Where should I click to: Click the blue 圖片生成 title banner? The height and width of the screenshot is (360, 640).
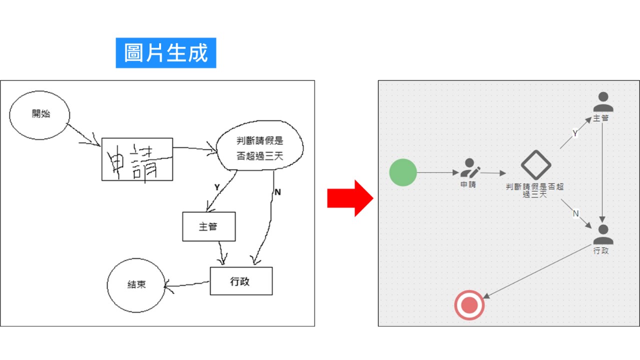[165, 53]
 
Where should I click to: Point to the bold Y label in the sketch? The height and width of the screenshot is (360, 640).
[217, 187]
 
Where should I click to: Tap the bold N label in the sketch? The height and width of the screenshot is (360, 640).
[277, 192]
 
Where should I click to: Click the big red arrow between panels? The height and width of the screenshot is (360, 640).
[350, 198]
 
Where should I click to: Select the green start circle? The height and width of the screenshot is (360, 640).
[403, 172]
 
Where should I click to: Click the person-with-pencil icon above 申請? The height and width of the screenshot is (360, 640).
[470, 168]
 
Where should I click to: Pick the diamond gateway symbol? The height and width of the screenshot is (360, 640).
[536, 165]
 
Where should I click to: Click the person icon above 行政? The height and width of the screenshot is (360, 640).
[603, 234]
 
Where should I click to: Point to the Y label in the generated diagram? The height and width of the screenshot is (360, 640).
[575, 133]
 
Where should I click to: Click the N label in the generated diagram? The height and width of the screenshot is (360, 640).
[575, 213]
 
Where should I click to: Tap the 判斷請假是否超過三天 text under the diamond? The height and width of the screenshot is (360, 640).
[535, 190]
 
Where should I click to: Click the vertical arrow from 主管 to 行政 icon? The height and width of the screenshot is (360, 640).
[602, 173]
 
